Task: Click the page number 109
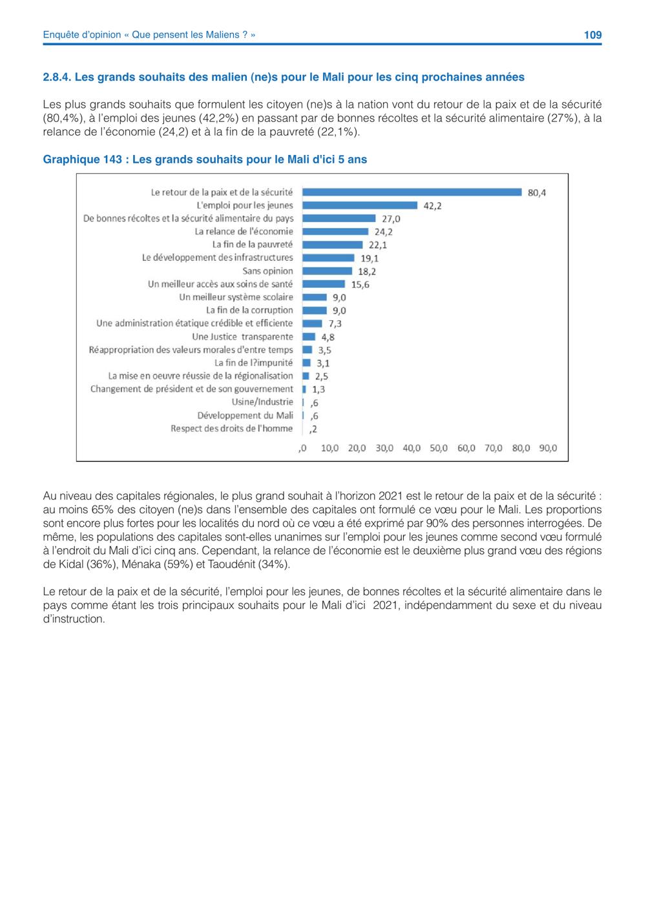[x=592, y=35]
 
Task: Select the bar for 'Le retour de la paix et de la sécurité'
[x=412, y=192]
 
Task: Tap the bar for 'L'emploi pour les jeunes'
[x=360, y=205]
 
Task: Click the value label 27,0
[x=391, y=219]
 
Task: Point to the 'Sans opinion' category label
[x=267, y=271]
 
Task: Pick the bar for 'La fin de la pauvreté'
[x=333, y=245]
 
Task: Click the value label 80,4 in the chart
[x=537, y=193]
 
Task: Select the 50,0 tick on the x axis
[x=439, y=448]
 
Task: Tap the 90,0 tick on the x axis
[x=548, y=448]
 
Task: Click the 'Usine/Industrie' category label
[x=262, y=402]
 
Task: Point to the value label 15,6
[x=360, y=285]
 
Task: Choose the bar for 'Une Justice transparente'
[x=309, y=336]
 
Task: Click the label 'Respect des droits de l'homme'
[x=232, y=428]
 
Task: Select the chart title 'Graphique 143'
[x=83, y=159]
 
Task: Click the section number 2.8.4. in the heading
[x=57, y=77]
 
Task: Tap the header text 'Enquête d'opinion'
[x=82, y=35]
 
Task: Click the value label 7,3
[x=335, y=323]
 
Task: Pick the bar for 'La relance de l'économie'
[x=335, y=232]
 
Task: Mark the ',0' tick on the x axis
[x=302, y=448]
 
